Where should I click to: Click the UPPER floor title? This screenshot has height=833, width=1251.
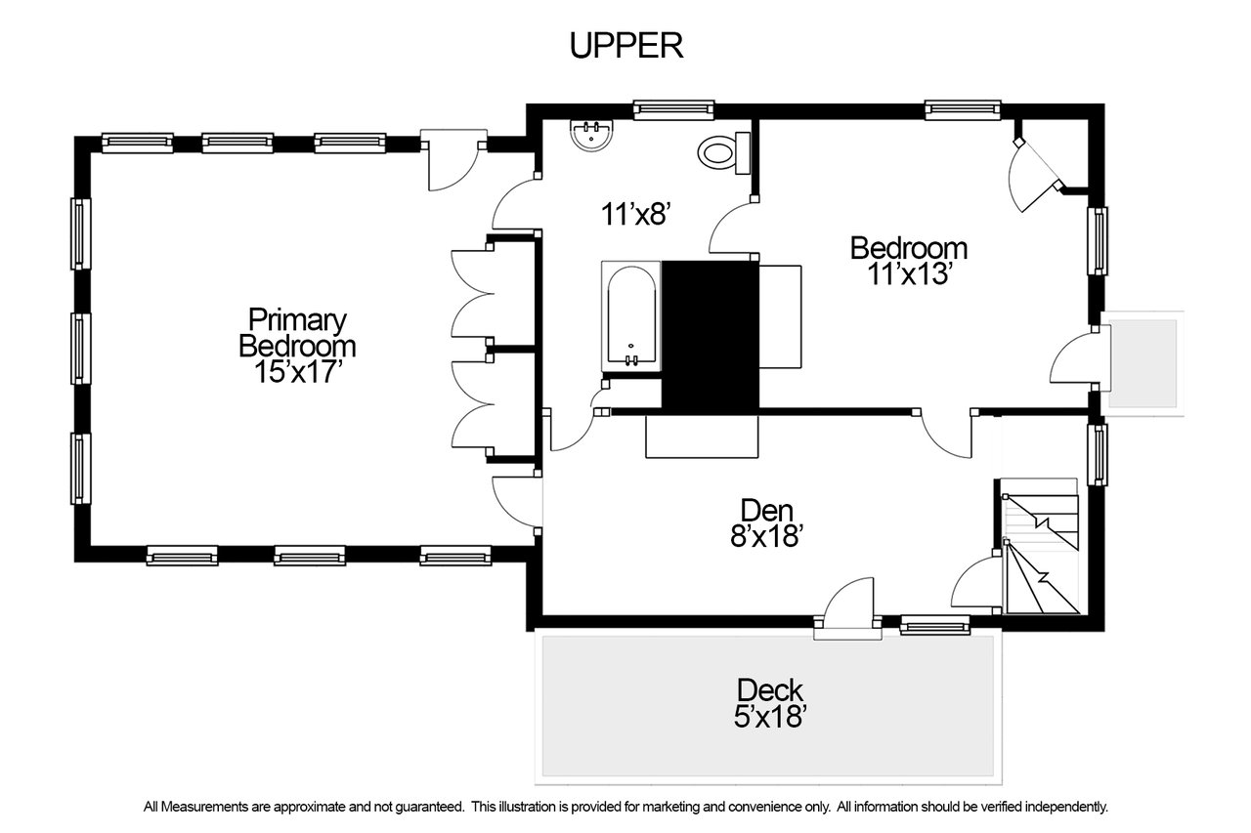(x=626, y=46)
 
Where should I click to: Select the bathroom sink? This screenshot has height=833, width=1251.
(x=591, y=135)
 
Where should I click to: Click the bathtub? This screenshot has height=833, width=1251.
(x=631, y=316)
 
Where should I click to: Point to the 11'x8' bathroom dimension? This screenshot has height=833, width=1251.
(x=635, y=214)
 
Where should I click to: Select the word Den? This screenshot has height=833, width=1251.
(x=766, y=511)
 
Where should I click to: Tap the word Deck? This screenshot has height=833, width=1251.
(x=769, y=690)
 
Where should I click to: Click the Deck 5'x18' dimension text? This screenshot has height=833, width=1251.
(x=769, y=717)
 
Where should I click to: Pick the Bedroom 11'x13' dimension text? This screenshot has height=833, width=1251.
(x=909, y=274)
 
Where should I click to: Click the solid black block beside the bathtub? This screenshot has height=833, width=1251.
(x=711, y=338)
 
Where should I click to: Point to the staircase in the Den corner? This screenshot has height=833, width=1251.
(x=1040, y=547)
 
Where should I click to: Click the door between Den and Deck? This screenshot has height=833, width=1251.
(x=847, y=608)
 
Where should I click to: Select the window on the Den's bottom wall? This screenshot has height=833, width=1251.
(x=935, y=625)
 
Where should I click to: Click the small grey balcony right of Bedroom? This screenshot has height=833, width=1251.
(x=1143, y=364)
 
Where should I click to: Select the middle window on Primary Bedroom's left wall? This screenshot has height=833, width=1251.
(x=80, y=349)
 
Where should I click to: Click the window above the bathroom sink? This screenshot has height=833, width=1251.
(x=673, y=110)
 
